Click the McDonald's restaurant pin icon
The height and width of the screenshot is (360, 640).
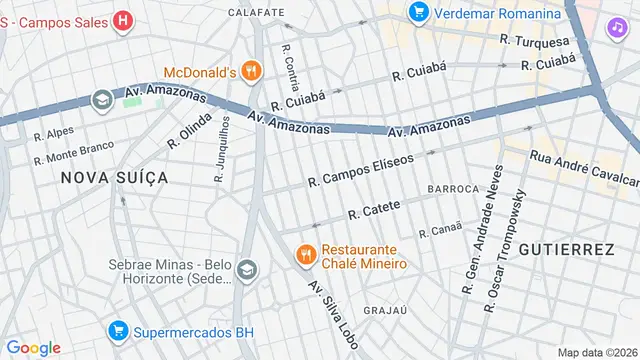[251, 71]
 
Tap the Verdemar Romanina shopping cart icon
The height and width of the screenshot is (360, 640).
[418, 13]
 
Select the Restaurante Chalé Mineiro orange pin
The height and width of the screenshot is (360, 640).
[305, 255]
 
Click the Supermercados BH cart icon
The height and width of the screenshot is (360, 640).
[118, 330]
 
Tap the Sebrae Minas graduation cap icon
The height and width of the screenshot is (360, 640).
[246, 270]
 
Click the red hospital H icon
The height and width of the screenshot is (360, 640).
[122, 19]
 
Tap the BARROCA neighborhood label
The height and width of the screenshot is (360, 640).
[455, 188]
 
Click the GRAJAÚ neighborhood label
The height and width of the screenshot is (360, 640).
[386, 309]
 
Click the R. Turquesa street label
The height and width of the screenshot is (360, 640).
[534, 41]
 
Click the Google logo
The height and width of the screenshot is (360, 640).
[33, 347]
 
